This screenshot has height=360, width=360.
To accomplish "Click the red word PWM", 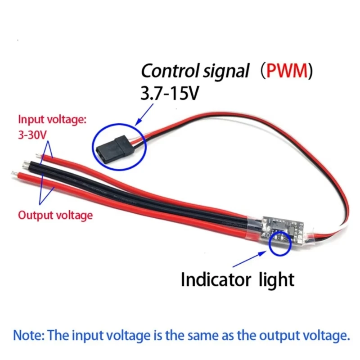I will tap(286, 72).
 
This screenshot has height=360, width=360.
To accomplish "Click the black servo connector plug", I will tap(116, 146).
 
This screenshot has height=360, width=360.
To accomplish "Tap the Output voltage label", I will tap(55, 215).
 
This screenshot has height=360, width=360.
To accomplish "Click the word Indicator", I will tap(215, 279).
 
